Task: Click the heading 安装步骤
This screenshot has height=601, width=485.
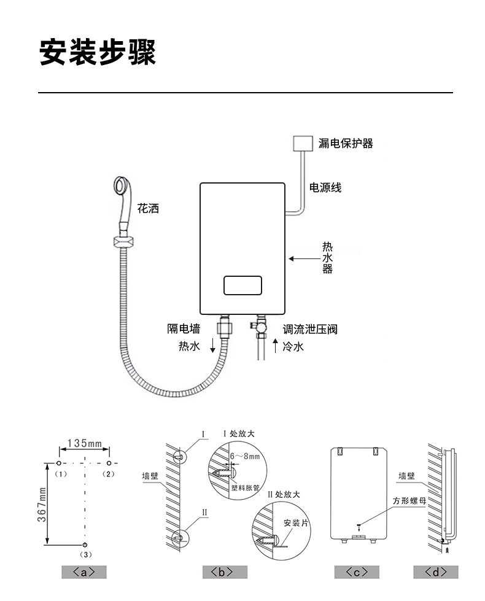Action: coord(98,52)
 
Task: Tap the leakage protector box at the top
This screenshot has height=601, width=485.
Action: coord(303,143)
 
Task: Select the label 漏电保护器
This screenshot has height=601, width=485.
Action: coord(346,144)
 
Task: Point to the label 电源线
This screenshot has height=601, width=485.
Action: coord(325,187)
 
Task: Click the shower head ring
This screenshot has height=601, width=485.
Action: coord(123,186)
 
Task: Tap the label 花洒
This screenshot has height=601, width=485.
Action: coord(148,208)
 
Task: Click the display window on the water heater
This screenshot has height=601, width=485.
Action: coord(243,285)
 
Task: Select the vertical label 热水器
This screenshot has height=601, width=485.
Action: coord(327,258)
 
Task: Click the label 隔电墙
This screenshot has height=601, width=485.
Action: coord(184,328)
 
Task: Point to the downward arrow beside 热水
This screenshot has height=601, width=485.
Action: coord(213,345)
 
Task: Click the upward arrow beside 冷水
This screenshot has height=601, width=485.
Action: coord(275,346)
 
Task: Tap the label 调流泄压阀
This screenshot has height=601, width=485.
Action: coord(310,329)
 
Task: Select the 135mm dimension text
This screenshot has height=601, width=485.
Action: coord(85,443)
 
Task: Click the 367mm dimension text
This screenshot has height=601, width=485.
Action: coord(42,505)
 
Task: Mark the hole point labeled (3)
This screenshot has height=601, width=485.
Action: coord(85,545)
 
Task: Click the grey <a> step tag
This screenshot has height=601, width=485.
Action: coord(84,572)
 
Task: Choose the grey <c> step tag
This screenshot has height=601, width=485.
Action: coord(357,572)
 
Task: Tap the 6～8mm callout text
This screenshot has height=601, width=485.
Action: coord(245,456)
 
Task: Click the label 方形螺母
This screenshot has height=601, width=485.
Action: coord(409,500)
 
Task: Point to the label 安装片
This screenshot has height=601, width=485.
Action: coord(295,523)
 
